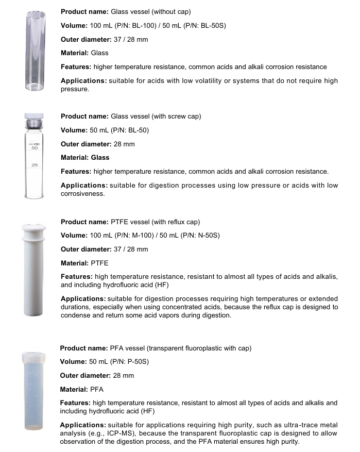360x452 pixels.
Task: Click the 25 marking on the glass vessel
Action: [x=35, y=165]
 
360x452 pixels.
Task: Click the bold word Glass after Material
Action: [x=100, y=158]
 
